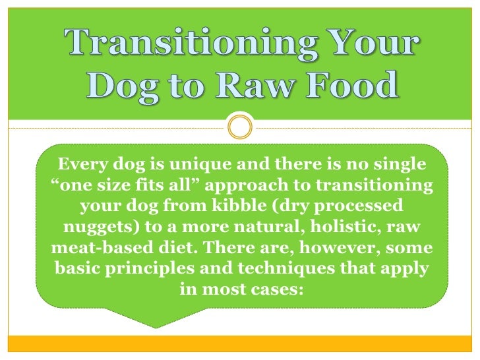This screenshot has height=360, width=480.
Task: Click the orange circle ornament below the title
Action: coord(239,126)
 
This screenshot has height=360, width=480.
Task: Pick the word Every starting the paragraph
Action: coord(82,163)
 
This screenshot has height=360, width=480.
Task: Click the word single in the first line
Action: coord(399,163)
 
